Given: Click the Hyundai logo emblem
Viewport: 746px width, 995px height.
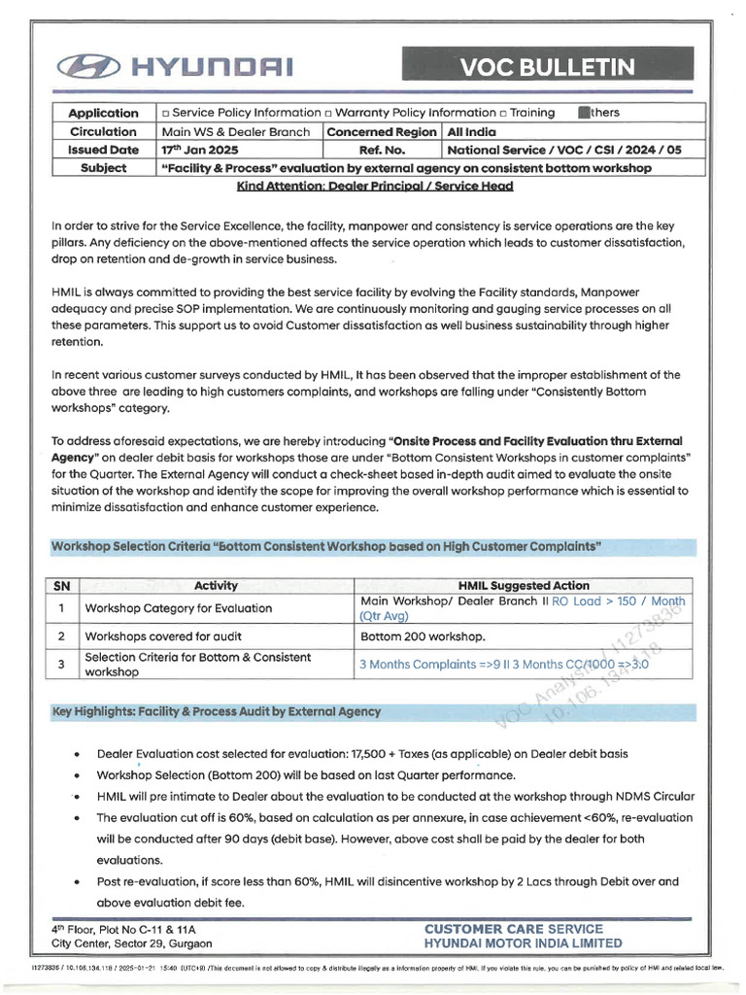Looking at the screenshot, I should coord(90,66).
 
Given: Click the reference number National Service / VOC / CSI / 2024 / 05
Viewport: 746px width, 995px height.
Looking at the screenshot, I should coord(564,150).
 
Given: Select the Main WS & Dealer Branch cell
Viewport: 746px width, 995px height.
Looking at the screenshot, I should coord(236,131).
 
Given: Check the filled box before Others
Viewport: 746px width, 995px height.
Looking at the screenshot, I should coord(583,113).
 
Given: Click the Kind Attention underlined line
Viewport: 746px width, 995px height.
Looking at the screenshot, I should coord(374,186).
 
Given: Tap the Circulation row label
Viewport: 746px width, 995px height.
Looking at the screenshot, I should coord(103,131).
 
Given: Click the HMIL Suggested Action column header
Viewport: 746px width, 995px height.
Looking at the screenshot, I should coord(523,585).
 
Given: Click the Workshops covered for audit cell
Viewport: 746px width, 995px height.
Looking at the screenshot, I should coord(154,636).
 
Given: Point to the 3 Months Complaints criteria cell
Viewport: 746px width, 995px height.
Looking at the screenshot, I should coord(503,666).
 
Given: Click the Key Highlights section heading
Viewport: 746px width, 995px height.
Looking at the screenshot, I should coord(216,712).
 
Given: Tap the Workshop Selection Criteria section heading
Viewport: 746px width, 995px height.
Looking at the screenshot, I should coord(325,547).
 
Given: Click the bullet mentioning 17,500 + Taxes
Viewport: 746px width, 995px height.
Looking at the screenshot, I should coord(361,754).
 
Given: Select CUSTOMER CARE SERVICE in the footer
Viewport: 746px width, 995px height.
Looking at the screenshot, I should coord(513,929).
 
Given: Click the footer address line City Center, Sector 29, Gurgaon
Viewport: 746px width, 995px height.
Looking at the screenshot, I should coord(132,944).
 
